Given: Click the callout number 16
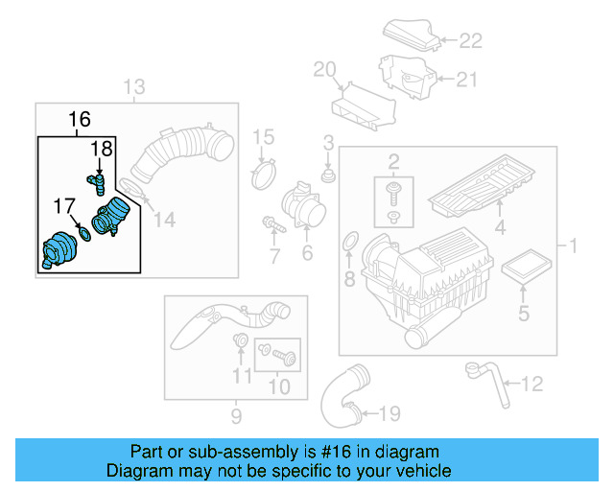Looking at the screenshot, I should pos(80,120).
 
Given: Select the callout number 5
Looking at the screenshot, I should pos(523,313).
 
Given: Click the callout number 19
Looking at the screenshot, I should pos(388,414).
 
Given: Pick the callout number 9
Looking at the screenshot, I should pos(236,416).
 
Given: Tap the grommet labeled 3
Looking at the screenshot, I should pos(329,176).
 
